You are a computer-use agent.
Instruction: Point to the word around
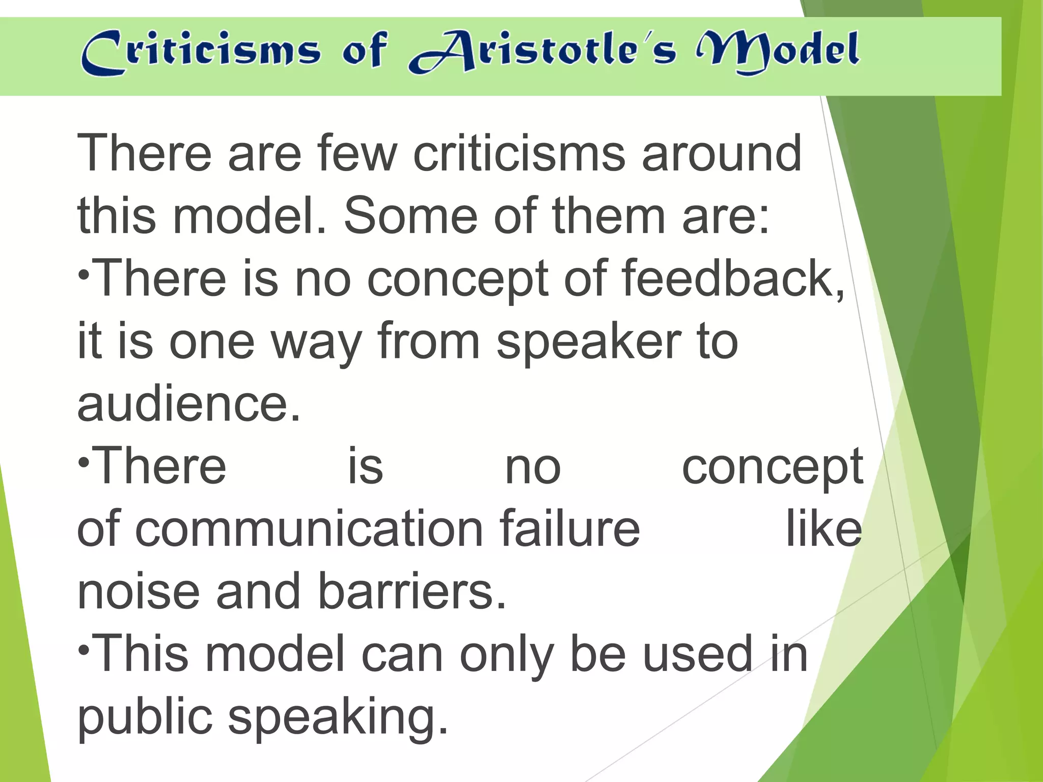(x=721, y=153)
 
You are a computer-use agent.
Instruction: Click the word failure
(x=569, y=529)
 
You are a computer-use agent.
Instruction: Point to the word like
(x=824, y=529)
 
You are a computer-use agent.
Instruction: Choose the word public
(x=145, y=718)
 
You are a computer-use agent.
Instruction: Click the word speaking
(x=337, y=718)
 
